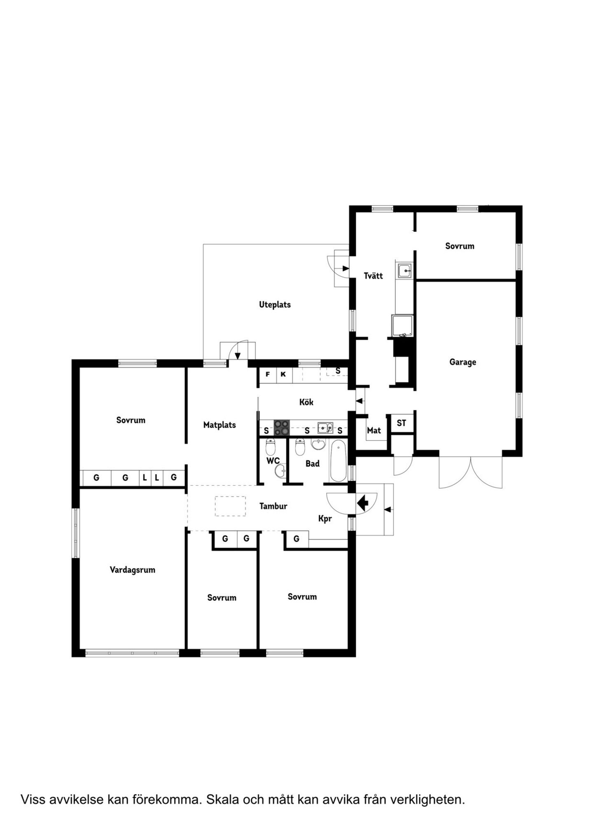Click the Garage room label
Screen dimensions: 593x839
click(462, 362)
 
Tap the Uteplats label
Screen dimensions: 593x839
click(275, 305)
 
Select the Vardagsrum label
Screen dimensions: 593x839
click(132, 570)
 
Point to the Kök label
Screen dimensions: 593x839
click(306, 402)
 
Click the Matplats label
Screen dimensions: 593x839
click(219, 425)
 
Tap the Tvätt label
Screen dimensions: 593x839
click(373, 276)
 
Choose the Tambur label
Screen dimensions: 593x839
click(273, 506)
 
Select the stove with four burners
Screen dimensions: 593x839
click(282, 428)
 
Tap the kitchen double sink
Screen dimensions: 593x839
click(325, 428)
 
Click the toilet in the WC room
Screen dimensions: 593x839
click(270, 447)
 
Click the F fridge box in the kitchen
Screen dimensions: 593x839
click(268, 374)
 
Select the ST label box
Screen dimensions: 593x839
click(402, 423)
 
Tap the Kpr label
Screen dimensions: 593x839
click(325, 519)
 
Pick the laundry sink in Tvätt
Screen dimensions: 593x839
click(406, 271)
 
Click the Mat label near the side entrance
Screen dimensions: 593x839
click(374, 430)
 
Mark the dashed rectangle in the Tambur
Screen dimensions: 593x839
click(230, 506)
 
